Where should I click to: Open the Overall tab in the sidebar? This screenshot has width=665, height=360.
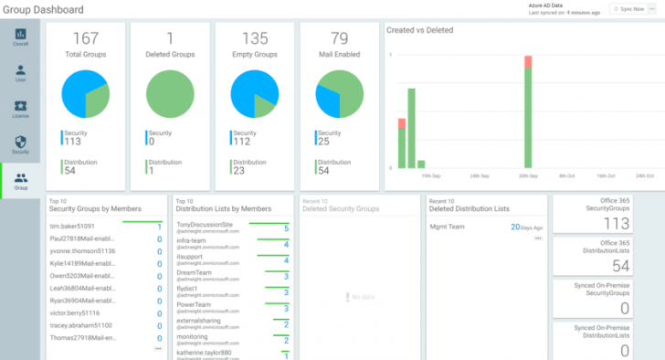pyautogui.click(x=20, y=37)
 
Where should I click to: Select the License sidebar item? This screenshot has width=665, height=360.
pyautogui.click(x=20, y=109)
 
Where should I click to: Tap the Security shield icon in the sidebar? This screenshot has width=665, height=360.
pyautogui.click(x=20, y=144)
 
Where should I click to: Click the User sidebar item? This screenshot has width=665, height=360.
pyautogui.click(x=20, y=73)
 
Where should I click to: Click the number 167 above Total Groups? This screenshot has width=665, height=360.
pyautogui.click(x=85, y=39)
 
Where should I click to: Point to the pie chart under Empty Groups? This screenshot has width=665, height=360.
pyautogui.click(x=254, y=96)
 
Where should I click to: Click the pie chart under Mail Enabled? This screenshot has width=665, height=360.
pyautogui.click(x=339, y=96)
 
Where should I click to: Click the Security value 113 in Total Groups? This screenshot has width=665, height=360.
pyautogui.click(x=73, y=142)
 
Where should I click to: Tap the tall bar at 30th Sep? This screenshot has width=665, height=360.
pyautogui.click(x=527, y=113)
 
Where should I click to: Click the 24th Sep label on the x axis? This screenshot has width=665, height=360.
pyautogui.click(x=480, y=175)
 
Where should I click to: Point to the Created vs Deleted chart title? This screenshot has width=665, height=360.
pyautogui.click(x=419, y=30)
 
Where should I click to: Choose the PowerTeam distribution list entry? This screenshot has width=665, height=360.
pyautogui.click(x=195, y=305)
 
